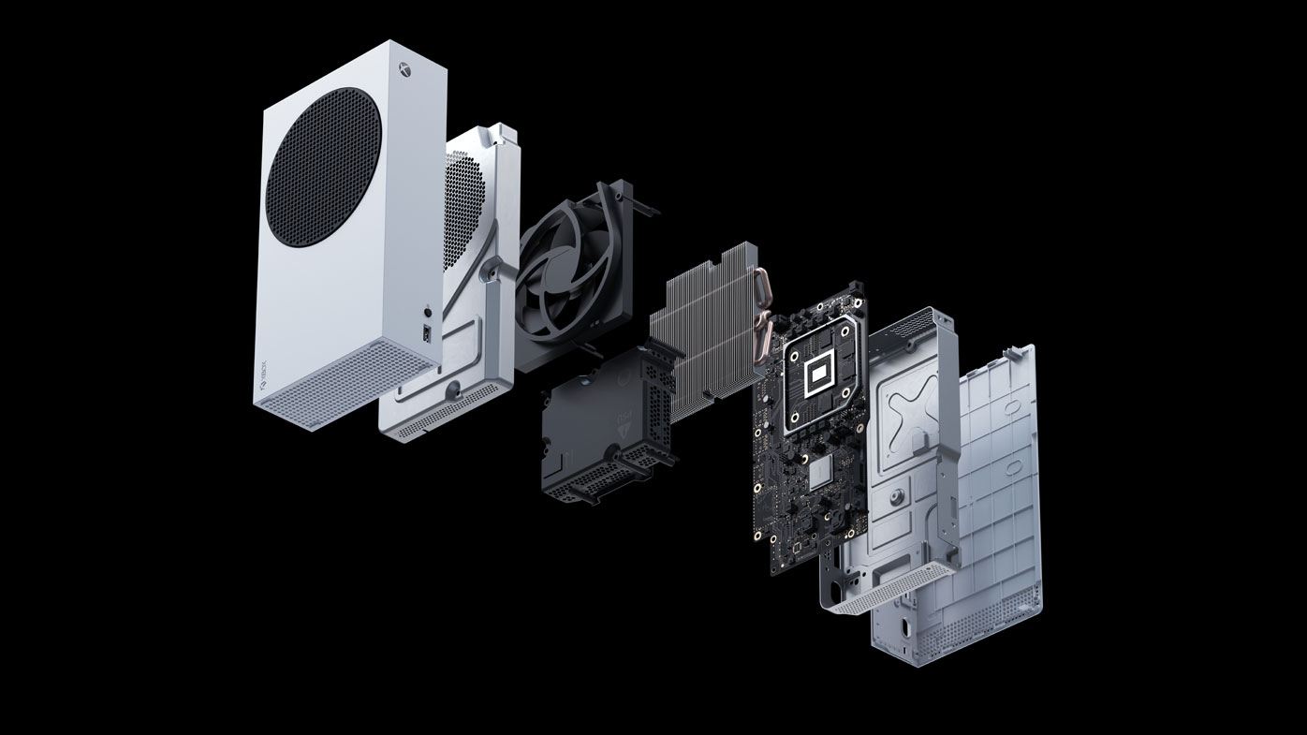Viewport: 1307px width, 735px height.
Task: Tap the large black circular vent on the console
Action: tap(323, 168)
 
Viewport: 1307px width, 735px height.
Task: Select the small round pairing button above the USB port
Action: tap(429, 312)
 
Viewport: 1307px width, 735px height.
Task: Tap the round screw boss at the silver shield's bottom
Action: tap(453, 387)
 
